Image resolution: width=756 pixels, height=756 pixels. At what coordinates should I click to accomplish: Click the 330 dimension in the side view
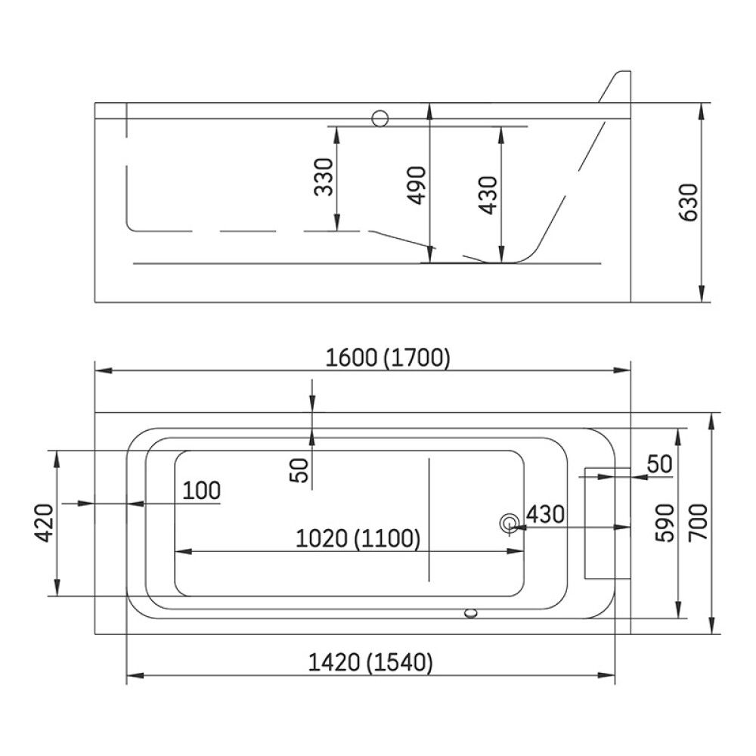pyautogui.click(x=324, y=177)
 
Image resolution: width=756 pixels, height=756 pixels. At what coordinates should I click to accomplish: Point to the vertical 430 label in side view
pyautogui.click(x=488, y=195)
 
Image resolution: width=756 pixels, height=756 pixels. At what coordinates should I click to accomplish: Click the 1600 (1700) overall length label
pyautogui.click(x=388, y=358)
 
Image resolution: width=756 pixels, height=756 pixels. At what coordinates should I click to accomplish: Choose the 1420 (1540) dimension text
pyautogui.click(x=370, y=662)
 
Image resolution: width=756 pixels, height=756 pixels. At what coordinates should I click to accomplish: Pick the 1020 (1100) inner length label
pyautogui.click(x=358, y=538)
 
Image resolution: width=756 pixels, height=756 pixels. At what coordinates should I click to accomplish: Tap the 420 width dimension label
pyautogui.click(x=45, y=522)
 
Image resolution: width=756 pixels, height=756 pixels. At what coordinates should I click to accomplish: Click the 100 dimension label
pyautogui.click(x=202, y=491)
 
